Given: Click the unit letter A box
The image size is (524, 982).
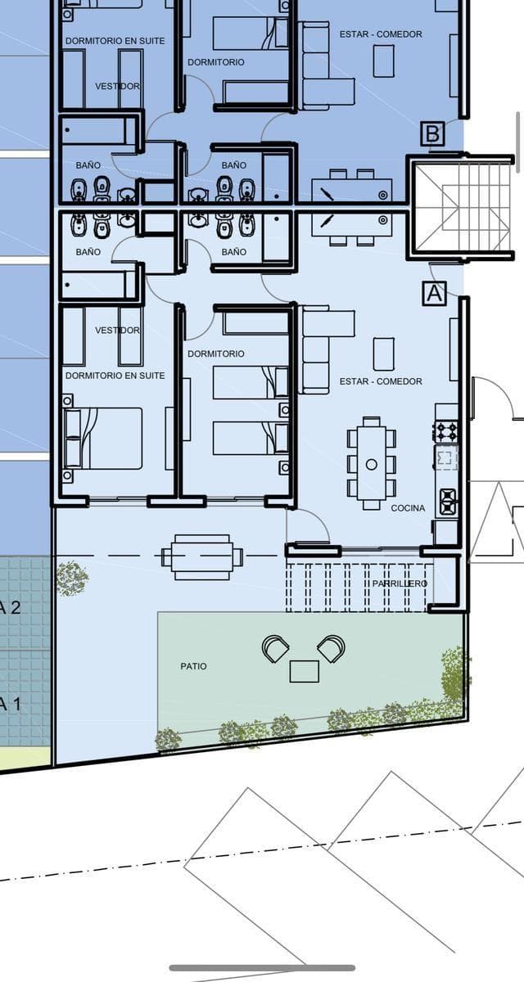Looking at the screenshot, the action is click(435, 293).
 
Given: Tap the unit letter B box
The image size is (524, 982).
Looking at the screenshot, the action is click(432, 133).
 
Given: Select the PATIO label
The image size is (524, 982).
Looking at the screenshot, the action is click(193, 666).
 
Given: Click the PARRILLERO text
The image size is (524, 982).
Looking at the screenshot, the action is click(400, 583).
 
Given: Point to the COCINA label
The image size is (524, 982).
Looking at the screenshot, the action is click(408, 508).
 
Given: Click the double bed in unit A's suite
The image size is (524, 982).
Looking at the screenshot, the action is click(103, 439).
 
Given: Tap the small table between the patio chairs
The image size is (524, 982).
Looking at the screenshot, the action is click(305, 672).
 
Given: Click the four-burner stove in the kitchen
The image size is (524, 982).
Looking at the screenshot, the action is click(447, 431).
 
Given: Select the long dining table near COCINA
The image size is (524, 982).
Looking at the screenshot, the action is click(372, 464).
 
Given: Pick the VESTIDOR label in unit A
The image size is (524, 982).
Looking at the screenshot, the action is click(118, 330).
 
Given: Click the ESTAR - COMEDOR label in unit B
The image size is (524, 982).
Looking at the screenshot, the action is click(381, 34).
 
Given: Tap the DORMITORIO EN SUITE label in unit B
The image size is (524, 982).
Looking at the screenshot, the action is click(115, 41).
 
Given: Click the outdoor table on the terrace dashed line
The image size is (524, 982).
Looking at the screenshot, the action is click(201, 556).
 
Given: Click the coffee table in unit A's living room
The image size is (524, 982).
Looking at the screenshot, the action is click(384, 354).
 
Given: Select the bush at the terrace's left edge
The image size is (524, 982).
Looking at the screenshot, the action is click(72, 578).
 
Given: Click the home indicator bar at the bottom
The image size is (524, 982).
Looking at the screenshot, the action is click(262, 968).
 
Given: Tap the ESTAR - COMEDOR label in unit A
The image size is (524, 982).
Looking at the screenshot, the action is click(381, 381).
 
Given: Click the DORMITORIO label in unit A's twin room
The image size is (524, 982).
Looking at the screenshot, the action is click(215, 354).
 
